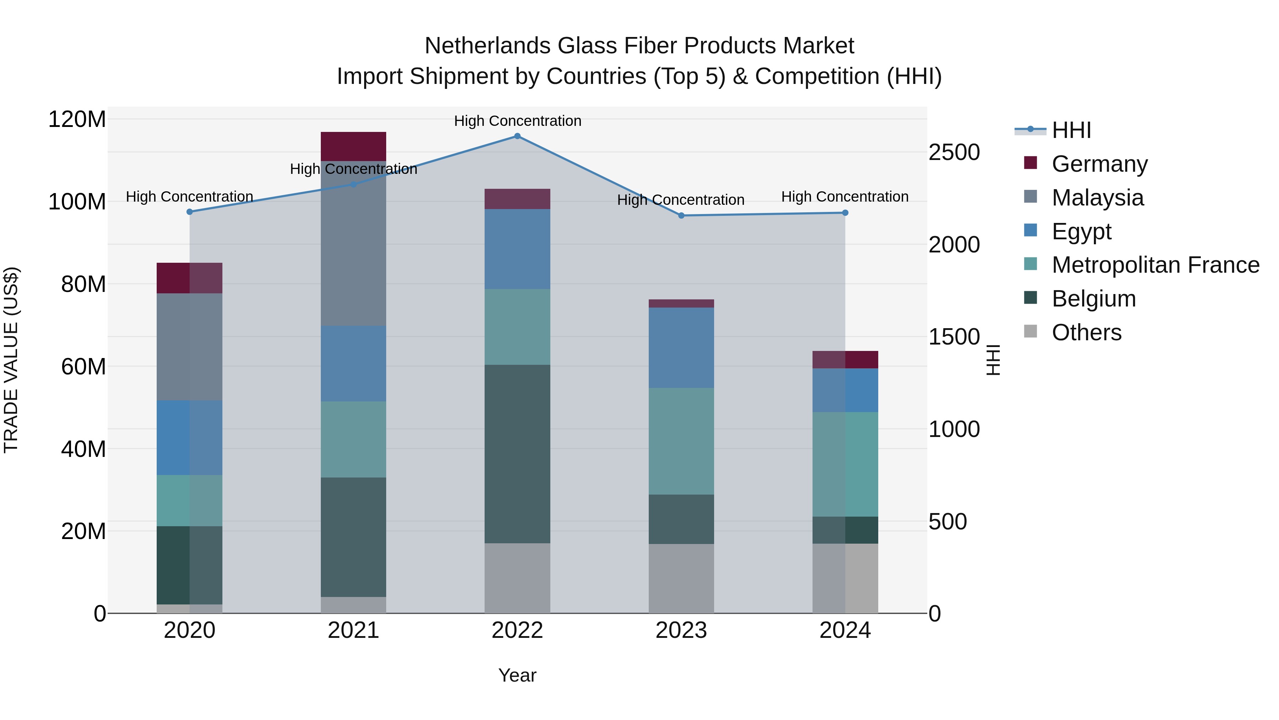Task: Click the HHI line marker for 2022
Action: pyautogui.click(x=517, y=136)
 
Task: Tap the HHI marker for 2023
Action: pyautogui.click(x=681, y=216)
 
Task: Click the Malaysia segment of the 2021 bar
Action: pyautogui.click(x=353, y=244)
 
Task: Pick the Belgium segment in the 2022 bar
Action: pyautogui.click(x=517, y=454)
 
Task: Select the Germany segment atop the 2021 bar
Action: pyautogui.click(x=353, y=146)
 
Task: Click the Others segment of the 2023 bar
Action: pyautogui.click(x=681, y=578)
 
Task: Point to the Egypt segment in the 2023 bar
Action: pyautogui.click(x=681, y=348)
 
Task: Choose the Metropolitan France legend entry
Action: pyautogui.click(x=1155, y=265)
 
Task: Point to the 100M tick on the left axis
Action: pyautogui.click(x=77, y=202)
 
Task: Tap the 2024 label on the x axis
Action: pyautogui.click(x=845, y=630)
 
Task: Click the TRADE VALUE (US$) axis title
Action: pyautogui.click(x=11, y=360)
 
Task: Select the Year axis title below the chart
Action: pyautogui.click(x=517, y=675)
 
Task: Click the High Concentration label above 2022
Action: pyautogui.click(x=517, y=121)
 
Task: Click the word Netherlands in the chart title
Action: pyautogui.click(x=487, y=46)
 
